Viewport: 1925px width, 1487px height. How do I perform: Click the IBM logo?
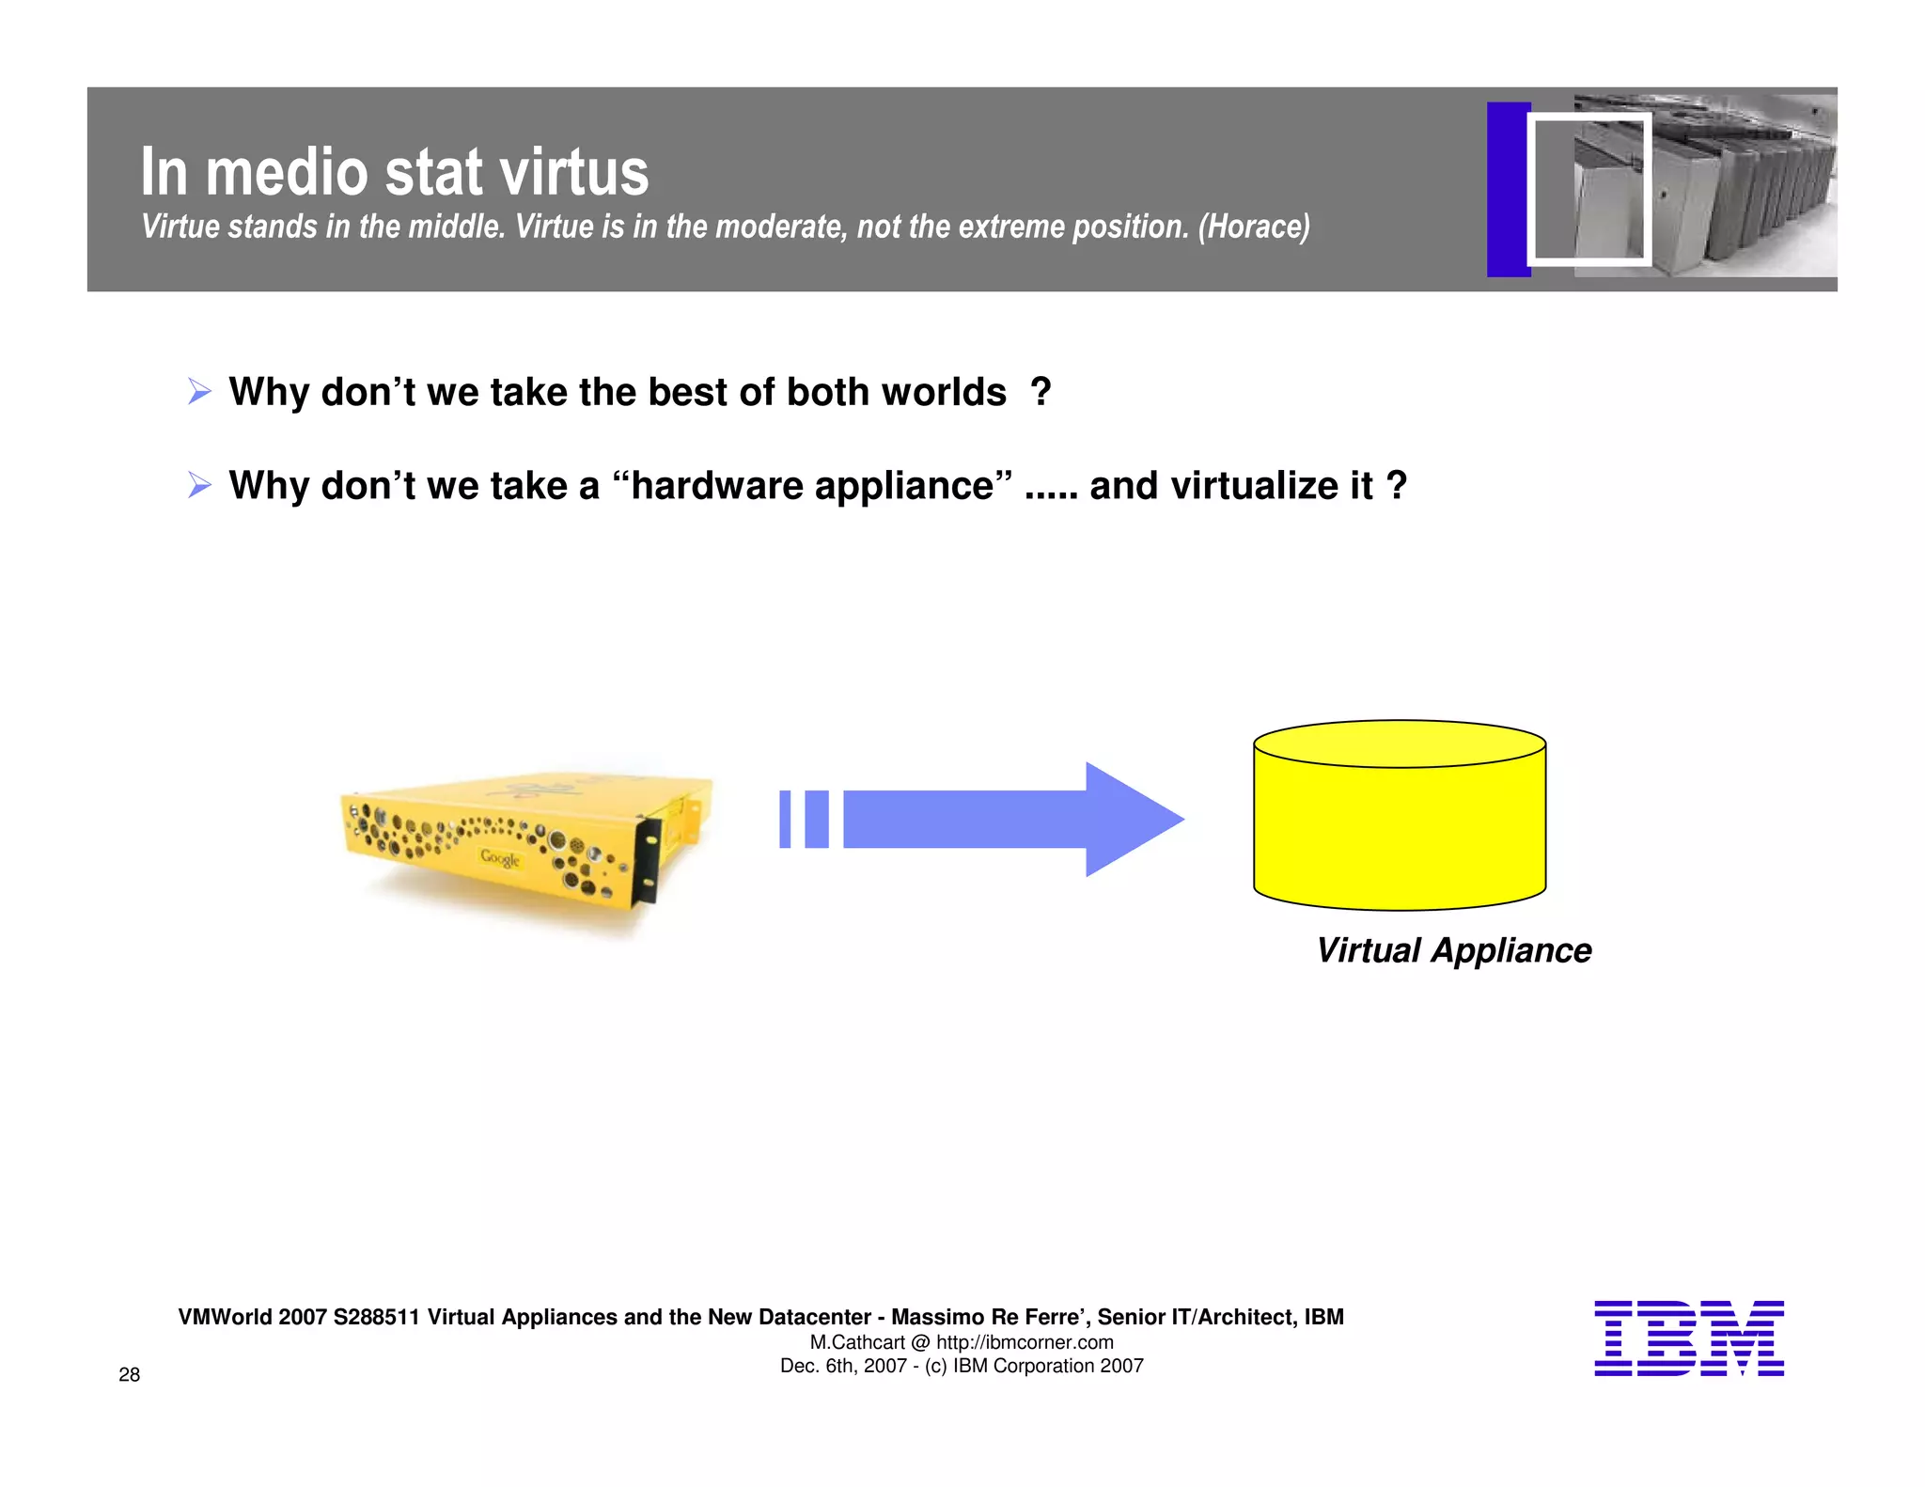coord(1688,1338)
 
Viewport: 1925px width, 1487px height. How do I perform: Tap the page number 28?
coord(129,1374)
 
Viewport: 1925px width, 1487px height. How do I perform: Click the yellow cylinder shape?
coord(1399,827)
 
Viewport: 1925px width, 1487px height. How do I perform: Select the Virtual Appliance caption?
coord(1453,950)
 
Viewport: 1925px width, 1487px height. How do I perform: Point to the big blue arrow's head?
coord(1132,820)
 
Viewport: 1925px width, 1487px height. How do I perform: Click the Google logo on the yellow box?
coord(499,857)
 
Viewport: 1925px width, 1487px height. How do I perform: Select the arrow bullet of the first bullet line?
coord(199,391)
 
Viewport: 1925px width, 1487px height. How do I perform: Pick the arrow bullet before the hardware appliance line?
coord(199,485)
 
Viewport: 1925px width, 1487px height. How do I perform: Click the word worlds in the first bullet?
coord(944,392)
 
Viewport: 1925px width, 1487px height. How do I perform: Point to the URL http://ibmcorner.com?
coord(1025,1342)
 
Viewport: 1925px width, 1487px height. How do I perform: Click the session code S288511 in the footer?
coord(376,1317)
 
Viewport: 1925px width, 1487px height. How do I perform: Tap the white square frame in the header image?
coord(1589,189)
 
